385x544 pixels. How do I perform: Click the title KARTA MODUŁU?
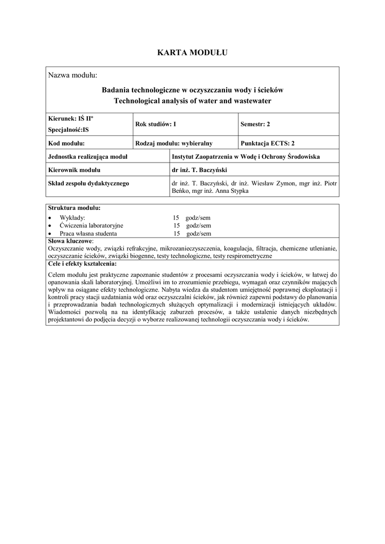pyautogui.click(x=192, y=52)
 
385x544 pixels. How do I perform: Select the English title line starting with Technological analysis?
pyautogui.click(x=192, y=100)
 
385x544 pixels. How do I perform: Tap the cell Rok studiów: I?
pyautogui.click(x=156, y=124)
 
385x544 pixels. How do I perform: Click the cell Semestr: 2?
pyautogui.click(x=255, y=124)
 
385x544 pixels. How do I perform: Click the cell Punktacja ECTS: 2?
pyautogui.click(x=267, y=143)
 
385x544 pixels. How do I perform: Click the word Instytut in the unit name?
pyautogui.click(x=185, y=157)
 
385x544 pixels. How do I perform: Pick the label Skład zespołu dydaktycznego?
pyautogui.click(x=89, y=183)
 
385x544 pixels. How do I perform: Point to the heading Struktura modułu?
pyautogui.click(x=74, y=208)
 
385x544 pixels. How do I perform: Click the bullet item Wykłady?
pyautogui.click(x=72, y=218)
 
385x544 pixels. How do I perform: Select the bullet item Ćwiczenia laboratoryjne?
pyautogui.click(x=91, y=225)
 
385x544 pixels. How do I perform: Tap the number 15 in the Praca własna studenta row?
pyautogui.click(x=176, y=233)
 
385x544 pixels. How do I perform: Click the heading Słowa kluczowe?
pyautogui.click(x=70, y=241)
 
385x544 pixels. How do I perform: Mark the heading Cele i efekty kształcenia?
pyautogui.click(x=82, y=263)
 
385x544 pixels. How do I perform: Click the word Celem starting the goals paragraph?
pyautogui.click(x=57, y=274)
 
